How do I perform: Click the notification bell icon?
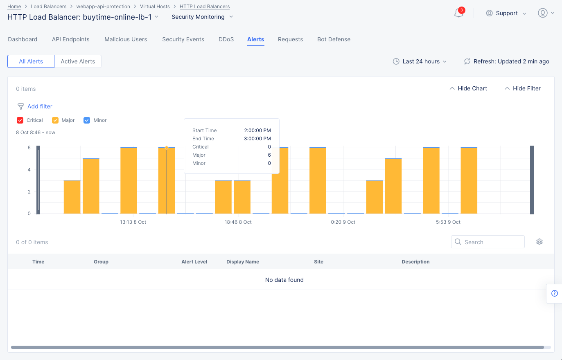coord(458,13)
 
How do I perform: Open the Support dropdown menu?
coord(506,13)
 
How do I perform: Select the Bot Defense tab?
coord(334,39)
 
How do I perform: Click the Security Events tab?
coord(183,39)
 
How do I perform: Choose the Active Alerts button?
coord(78,61)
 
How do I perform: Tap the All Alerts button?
coord(31,61)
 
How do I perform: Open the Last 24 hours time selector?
coord(420,61)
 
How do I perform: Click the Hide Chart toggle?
coord(468,88)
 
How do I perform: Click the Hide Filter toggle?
coord(522,88)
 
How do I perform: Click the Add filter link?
coord(40,106)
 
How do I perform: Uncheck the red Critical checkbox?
coord(20,120)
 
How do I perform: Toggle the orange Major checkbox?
coord(55,120)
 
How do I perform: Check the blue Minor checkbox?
coord(87,120)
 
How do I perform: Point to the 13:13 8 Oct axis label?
coord(133,222)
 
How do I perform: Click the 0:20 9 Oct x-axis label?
coord(343,222)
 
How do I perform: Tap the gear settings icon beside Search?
coord(539,242)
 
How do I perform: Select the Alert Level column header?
coord(194,262)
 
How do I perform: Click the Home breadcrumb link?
coord(14,7)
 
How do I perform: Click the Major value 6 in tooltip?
coord(269,155)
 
